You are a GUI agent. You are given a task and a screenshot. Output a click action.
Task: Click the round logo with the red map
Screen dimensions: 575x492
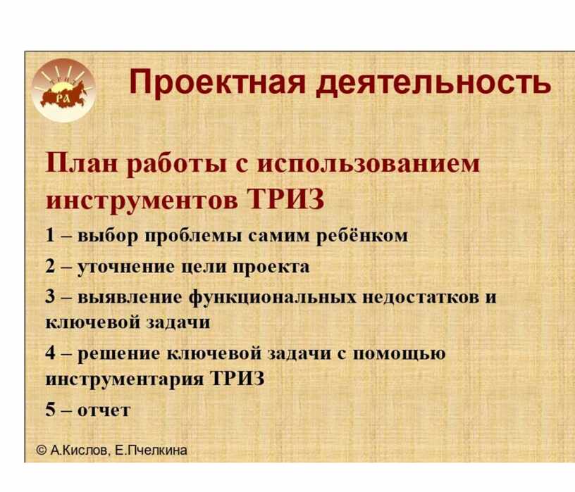[63, 90]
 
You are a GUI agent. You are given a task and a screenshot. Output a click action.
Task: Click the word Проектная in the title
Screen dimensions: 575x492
[217, 83]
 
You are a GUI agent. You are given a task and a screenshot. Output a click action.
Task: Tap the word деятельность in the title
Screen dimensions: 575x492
[434, 83]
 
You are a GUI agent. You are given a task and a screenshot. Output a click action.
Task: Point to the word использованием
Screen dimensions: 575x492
[368, 164]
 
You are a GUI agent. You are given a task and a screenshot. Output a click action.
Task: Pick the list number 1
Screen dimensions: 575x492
[50, 235]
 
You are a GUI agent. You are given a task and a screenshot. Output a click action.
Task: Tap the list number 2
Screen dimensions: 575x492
[50, 266]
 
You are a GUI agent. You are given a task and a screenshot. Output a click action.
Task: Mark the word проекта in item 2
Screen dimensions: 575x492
[271, 267]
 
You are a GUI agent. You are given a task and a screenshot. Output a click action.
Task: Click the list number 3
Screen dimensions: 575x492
[50, 296]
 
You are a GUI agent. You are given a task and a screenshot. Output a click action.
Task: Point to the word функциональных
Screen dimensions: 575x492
[272, 297]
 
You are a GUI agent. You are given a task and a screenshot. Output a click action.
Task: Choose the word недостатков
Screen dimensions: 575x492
[421, 297]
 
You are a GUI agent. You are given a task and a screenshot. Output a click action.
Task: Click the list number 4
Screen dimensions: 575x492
[50, 353]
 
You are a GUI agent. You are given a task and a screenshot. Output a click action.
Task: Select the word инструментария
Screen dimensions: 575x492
[124, 379]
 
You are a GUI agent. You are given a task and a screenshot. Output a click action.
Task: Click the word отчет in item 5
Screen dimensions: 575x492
[104, 410]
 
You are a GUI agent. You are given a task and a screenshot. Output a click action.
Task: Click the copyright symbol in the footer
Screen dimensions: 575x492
[42, 450]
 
